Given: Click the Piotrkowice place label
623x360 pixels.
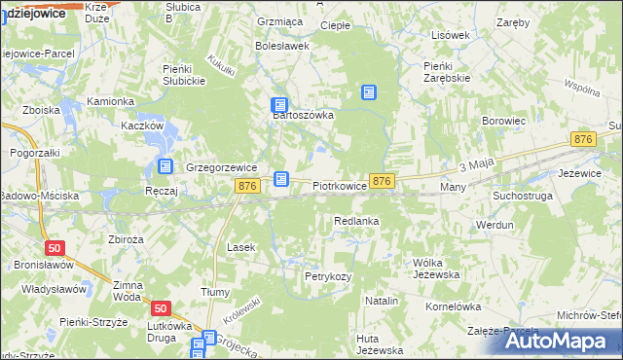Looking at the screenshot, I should [340, 184].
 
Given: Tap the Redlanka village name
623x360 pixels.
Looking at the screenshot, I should [355, 222].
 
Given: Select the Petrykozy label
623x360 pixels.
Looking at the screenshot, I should [327, 277].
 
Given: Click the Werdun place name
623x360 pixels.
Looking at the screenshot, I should [495, 225].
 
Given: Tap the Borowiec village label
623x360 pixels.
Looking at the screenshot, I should [503, 121].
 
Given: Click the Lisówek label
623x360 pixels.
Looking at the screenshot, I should [451, 35].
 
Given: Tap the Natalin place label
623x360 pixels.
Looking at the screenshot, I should [383, 302].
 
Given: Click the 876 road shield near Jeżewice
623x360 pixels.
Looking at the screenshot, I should [583, 141].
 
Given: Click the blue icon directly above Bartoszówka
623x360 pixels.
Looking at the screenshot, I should [279, 105].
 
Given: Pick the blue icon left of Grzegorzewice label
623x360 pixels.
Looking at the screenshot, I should [165, 166].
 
